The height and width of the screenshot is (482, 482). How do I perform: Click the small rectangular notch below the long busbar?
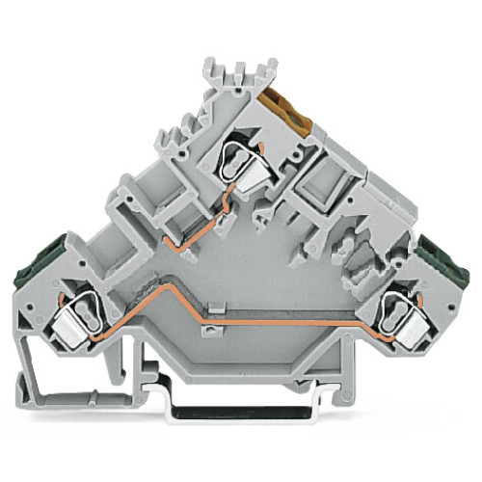[206, 333]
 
